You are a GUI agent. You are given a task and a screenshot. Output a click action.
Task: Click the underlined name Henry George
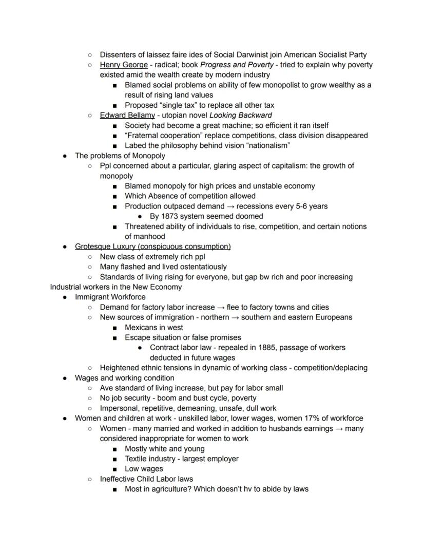pos(122,65)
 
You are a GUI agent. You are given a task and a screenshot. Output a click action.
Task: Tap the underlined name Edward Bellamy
pos(127,115)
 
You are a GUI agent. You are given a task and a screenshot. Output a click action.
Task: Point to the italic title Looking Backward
pos(241,115)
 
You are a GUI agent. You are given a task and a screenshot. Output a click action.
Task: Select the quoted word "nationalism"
pos(264,145)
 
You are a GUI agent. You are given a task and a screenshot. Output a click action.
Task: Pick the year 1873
pos(170,216)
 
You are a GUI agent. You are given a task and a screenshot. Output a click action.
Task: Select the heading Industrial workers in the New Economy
pos(116,287)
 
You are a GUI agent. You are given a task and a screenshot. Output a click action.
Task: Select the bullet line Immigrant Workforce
pos(110,297)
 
